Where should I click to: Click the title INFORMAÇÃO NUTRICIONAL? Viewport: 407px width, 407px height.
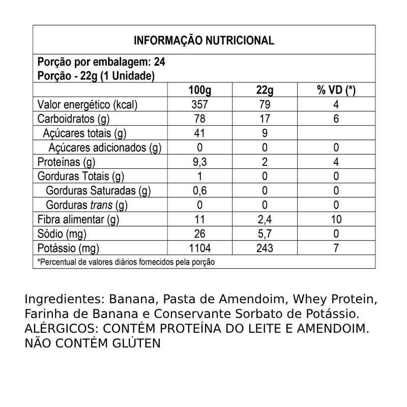point(203,41)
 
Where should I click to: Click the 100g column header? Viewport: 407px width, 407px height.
point(199,91)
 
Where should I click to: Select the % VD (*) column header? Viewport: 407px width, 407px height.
point(336,91)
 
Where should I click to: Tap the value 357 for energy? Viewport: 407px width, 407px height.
point(199,105)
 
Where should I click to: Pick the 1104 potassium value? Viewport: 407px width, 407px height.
point(199,248)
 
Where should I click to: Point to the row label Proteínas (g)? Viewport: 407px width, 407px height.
point(67,162)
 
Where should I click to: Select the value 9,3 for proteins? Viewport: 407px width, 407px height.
point(199,162)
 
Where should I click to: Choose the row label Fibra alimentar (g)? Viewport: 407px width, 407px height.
point(78,220)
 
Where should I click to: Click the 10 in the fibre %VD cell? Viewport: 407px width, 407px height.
point(336,220)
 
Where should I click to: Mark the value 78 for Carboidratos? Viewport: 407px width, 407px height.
point(199,119)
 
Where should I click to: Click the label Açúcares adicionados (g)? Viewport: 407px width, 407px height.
point(105,148)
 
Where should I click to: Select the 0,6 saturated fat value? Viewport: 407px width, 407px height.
point(199,191)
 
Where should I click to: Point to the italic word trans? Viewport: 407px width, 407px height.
point(102,206)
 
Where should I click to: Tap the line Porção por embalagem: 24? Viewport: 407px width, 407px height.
point(102,63)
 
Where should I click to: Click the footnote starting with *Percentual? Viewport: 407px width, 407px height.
point(126,262)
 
